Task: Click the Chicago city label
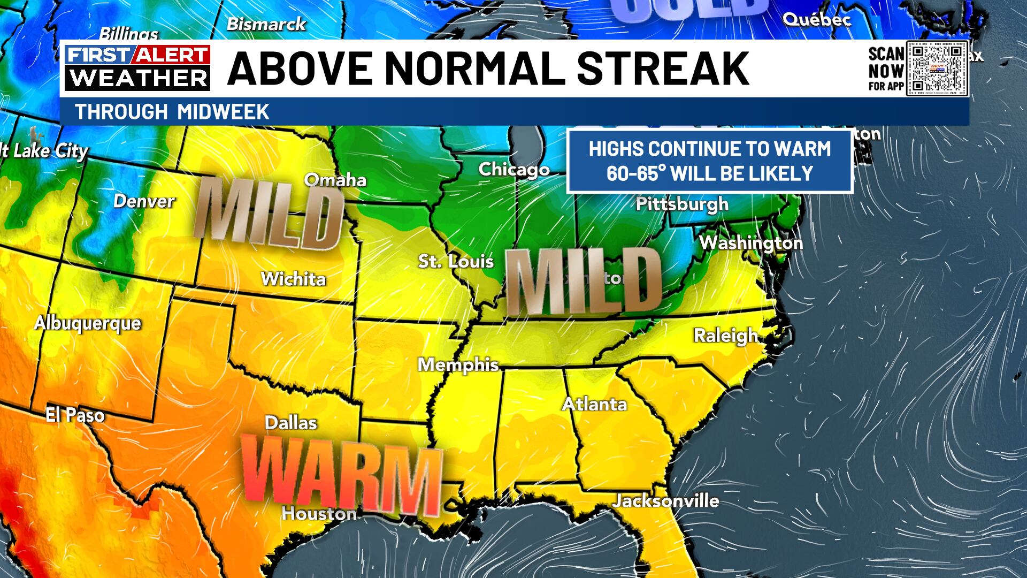click(x=513, y=170)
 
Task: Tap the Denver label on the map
click(x=144, y=201)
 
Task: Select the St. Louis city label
click(x=456, y=261)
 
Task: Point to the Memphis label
click(x=458, y=365)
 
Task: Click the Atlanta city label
click(x=594, y=404)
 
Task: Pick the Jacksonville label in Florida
click(x=665, y=501)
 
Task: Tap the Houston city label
click(x=319, y=514)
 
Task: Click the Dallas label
click(x=291, y=423)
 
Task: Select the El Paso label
click(x=75, y=415)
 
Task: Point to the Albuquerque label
click(x=88, y=323)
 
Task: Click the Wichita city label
click(x=293, y=279)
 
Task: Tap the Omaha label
click(x=335, y=180)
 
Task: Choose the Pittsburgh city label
click(x=682, y=204)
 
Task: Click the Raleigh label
click(x=725, y=336)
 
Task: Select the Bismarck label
click(x=266, y=24)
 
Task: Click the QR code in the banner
click(x=937, y=69)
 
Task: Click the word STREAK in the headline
click(x=663, y=69)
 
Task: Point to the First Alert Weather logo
click(x=137, y=68)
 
